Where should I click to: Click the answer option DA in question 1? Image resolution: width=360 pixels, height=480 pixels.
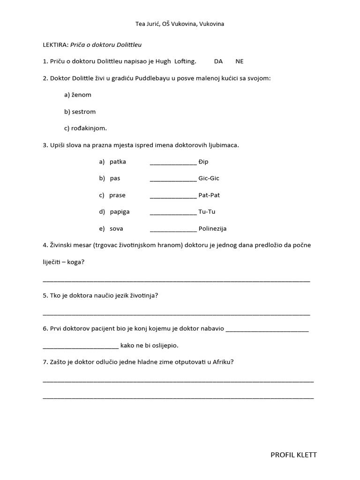pyautogui.click(x=218, y=61)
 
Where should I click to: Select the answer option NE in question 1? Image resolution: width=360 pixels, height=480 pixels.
pyautogui.click(x=240, y=61)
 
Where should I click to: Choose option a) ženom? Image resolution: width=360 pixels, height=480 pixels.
pyautogui.click(x=78, y=95)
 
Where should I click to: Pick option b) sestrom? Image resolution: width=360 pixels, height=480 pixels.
pyautogui.click(x=80, y=112)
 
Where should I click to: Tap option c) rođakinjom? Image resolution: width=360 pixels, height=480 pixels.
pyautogui.click(x=86, y=128)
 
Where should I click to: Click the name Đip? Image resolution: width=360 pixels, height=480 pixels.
pyautogui.click(x=203, y=162)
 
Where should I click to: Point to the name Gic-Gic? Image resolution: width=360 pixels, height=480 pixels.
pyautogui.click(x=209, y=179)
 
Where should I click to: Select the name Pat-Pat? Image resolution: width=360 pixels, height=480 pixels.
pyautogui.click(x=209, y=195)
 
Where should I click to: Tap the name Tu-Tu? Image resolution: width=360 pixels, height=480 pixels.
pyautogui.click(x=207, y=212)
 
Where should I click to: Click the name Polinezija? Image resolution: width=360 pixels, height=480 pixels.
pyautogui.click(x=212, y=229)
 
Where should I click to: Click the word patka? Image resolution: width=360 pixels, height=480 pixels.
pyautogui.click(x=118, y=162)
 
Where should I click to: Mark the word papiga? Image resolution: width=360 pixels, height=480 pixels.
pyautogui.click(x=120, y=212)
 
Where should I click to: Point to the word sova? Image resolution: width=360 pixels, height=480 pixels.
pyautogui.click(x=116, y=229)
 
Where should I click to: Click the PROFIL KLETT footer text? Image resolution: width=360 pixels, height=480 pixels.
pyautogui.click(x=293, y=455)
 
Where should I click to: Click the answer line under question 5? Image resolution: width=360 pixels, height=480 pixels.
pyautogui.click(x=176, y=314)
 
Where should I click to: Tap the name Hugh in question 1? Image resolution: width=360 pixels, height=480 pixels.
pyautogui.click(x=164, y=61)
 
